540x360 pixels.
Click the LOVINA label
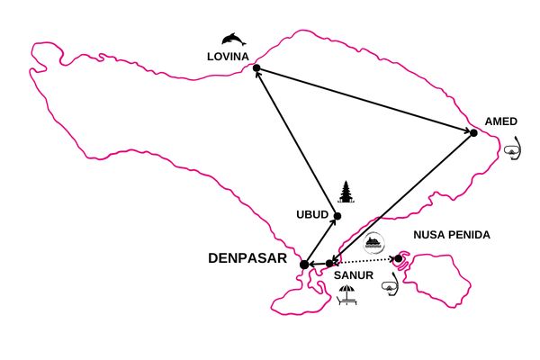click(228, 57)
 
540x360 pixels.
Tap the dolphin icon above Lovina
click(234, 40)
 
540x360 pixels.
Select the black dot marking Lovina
click(256, 68)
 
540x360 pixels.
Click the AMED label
click(501, 121)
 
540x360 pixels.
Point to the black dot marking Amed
click(473, 132)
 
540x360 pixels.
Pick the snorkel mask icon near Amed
click(513, 148)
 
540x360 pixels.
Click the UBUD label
click(312, 214)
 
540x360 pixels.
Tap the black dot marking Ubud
click(337, 216)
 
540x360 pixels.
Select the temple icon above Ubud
click(346, 192)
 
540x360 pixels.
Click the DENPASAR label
click(247, 258)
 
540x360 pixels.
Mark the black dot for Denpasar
click(304, 265)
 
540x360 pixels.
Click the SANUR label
click(354, 275)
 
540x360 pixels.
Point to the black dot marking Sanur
click(329, 264)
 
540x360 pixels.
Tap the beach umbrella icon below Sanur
click(347, 295)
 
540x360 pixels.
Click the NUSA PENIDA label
click(452, 235)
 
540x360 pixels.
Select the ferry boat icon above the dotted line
click(374, 243)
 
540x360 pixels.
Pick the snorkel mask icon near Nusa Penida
click(391, 283)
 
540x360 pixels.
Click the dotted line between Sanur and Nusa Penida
click(364, 260)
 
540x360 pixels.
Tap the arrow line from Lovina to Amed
click(365, 100)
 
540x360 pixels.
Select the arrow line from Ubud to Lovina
click(297, 142)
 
